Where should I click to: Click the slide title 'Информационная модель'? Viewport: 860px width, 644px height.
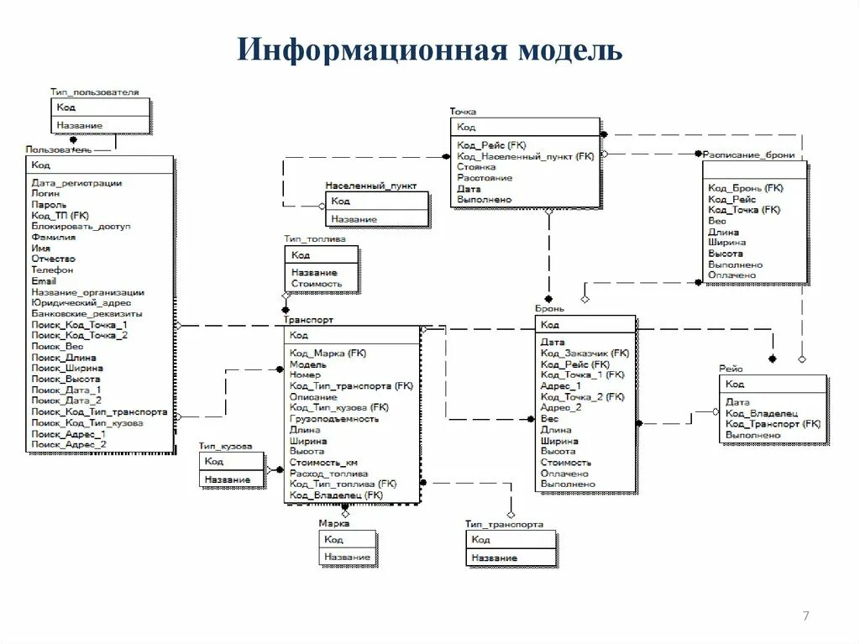(429, 50)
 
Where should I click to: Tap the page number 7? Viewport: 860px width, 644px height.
(806, 617)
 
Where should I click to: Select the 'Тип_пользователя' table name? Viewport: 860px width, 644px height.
(94, 92)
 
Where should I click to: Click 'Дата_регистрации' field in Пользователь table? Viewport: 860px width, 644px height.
(76, 183)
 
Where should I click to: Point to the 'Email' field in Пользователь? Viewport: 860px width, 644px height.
(44, 281)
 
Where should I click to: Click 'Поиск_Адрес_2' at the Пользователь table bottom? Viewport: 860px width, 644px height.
(69, 444)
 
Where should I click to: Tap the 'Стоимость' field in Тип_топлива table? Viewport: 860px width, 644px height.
(317, 284)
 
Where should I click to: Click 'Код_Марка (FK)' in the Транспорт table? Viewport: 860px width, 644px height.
(328, 353)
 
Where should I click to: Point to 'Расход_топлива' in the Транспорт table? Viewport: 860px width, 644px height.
(328, 474)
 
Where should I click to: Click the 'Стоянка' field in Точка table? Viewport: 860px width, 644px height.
(476, 167)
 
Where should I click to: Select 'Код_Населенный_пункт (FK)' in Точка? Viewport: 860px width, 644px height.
(525, 156)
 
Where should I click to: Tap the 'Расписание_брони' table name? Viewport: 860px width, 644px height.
(748, 155)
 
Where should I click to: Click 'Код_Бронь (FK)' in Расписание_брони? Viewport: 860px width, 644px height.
(745, 188)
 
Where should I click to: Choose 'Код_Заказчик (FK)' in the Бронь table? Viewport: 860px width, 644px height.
(585, 353)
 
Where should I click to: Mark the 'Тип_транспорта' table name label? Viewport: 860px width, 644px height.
(504, 524)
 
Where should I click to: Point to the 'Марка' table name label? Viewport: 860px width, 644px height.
(333, 523)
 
